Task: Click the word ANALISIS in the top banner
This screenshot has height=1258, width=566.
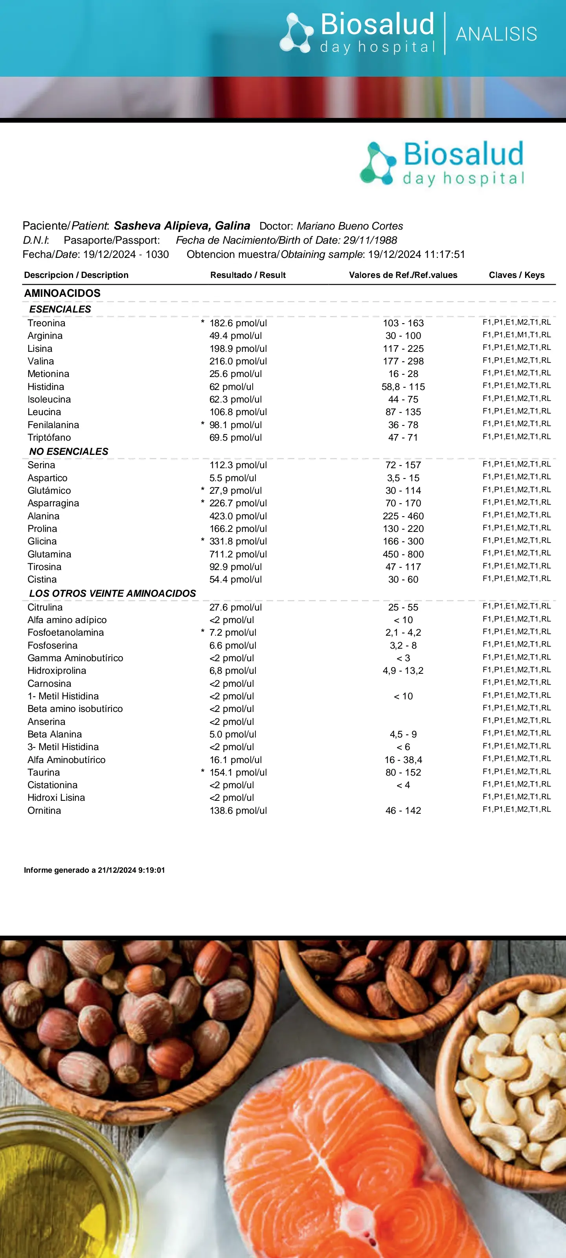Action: point(496,34)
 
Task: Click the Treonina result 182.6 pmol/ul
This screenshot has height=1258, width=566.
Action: point(238,323)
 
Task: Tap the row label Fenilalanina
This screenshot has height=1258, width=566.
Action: point(53,425)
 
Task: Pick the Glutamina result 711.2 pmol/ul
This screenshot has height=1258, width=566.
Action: point(238,554)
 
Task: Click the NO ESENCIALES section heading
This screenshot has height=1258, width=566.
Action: point(69,452)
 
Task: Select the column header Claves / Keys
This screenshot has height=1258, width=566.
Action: point(516,275)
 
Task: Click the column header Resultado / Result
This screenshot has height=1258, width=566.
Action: point(248,275)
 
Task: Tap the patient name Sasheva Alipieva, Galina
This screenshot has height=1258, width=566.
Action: point(182,226)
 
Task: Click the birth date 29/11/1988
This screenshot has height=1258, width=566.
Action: point(370,240)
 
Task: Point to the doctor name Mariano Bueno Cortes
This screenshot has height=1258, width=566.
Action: point(350,226)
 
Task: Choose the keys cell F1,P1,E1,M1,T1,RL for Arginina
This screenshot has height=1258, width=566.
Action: point(516,335)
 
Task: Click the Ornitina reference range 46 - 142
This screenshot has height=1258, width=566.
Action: point(403,811)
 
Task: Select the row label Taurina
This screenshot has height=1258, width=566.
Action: point(44,772)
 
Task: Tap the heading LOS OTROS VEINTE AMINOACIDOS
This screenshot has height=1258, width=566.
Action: point(112,593)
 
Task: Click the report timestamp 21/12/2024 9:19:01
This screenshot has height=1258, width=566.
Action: point(131,870)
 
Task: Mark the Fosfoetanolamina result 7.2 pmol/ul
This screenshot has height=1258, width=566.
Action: point(232,633)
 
